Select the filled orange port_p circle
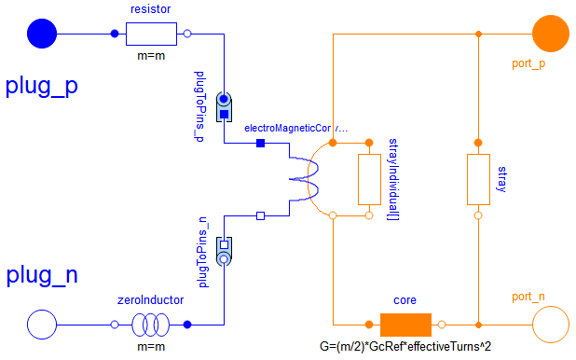coord(551,35)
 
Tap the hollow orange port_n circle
coord(551,325)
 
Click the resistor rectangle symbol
coord(151,35)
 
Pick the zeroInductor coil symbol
coord(151,325)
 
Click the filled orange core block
coord(405,325)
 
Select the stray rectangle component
coord(477,179)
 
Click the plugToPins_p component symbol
coord(225,107)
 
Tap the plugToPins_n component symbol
coord(225,252)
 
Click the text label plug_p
coord(42,86)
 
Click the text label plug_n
coord(42,275)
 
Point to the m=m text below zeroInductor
coord(151,348)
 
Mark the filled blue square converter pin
coord(261,143)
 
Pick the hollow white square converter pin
coord(261,215)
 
